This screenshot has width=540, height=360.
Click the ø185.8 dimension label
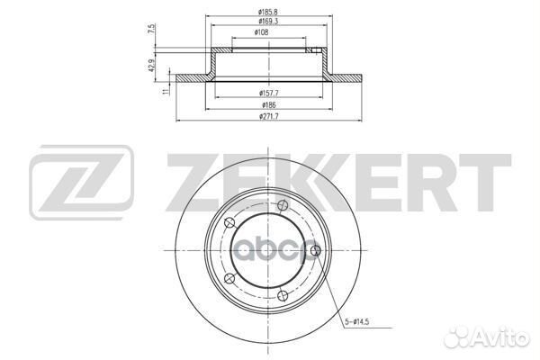tap(268, 12)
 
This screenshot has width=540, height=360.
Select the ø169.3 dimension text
tap(268, 22)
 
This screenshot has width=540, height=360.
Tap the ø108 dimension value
tap(261, 32)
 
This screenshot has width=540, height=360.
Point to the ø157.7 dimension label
tap(268, 93)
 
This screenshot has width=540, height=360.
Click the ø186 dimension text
tap(269, 104)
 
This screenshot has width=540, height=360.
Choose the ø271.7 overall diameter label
tap(268, 116)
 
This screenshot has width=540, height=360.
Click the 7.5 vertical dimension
tap(151, 29)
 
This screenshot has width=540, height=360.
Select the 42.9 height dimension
tap(150, 65)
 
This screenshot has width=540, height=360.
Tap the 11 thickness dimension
tap(166, 91)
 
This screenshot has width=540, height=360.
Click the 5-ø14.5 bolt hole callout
tap(356, 322)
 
